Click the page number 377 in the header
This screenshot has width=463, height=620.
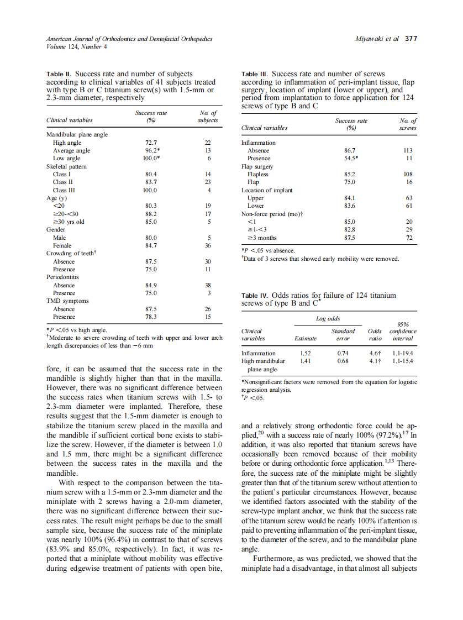(411, 39)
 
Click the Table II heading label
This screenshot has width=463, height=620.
(59, 73)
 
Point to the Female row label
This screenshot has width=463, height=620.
(62, 245)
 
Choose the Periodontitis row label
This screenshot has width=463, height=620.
(62, 277)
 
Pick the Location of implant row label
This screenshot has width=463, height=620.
(267, 190)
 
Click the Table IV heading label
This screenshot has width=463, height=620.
(254, 296)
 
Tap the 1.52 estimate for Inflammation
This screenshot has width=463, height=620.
(306, 353)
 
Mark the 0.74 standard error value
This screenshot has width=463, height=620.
(343, 353)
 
